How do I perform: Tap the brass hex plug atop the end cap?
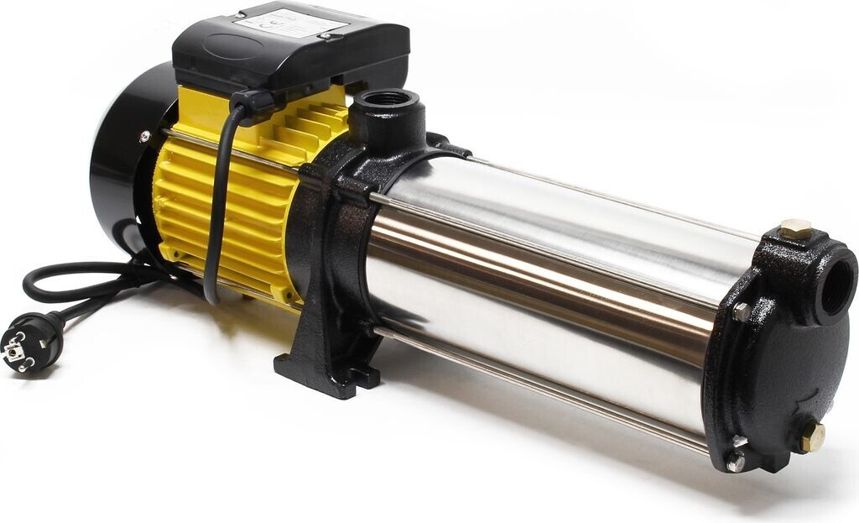click(x=794, y=228)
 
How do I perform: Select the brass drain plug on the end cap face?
click(x=812, y=437)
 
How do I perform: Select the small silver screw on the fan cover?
click(x=145, y=136)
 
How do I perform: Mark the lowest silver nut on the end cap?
click(x=736, y=462)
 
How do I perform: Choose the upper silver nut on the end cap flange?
click(x=742, y=311)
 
